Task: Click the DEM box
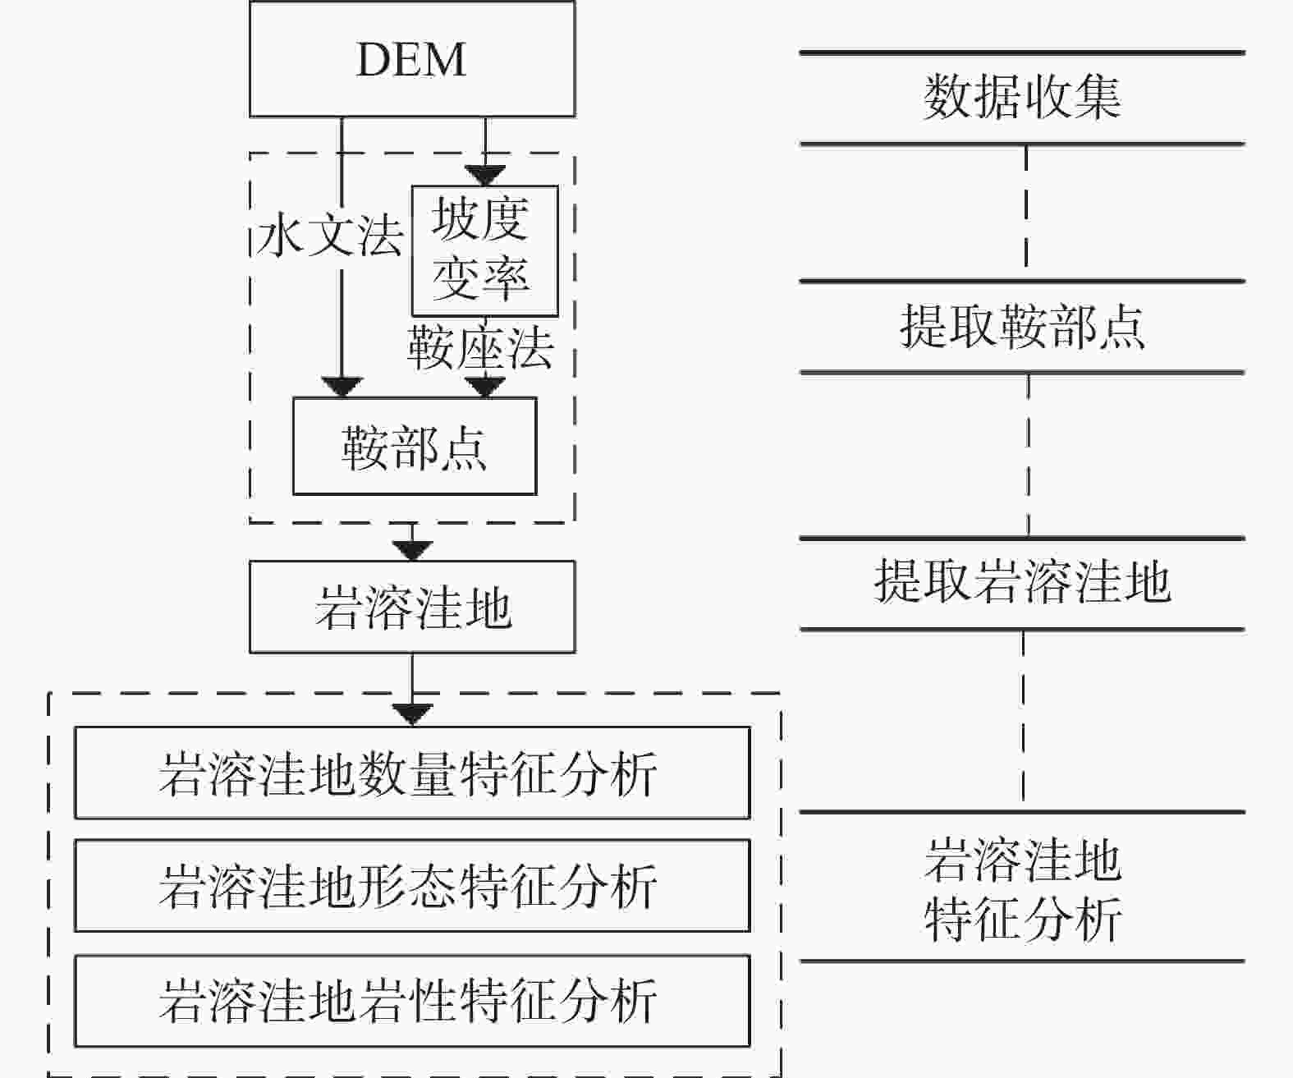[411, 59]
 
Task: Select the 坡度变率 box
[484, 250]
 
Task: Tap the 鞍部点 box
[415, 447]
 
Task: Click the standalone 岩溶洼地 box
[411, 608]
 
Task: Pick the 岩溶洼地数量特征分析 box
[412, 773]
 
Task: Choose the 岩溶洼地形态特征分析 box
[412, 886]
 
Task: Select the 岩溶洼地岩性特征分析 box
[412, 1000]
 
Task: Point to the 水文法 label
[330, 236]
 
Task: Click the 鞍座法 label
[481, 348]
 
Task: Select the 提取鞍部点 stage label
[1022, 327]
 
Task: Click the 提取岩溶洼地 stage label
[1022, 583]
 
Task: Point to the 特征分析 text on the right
[1023, 919]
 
